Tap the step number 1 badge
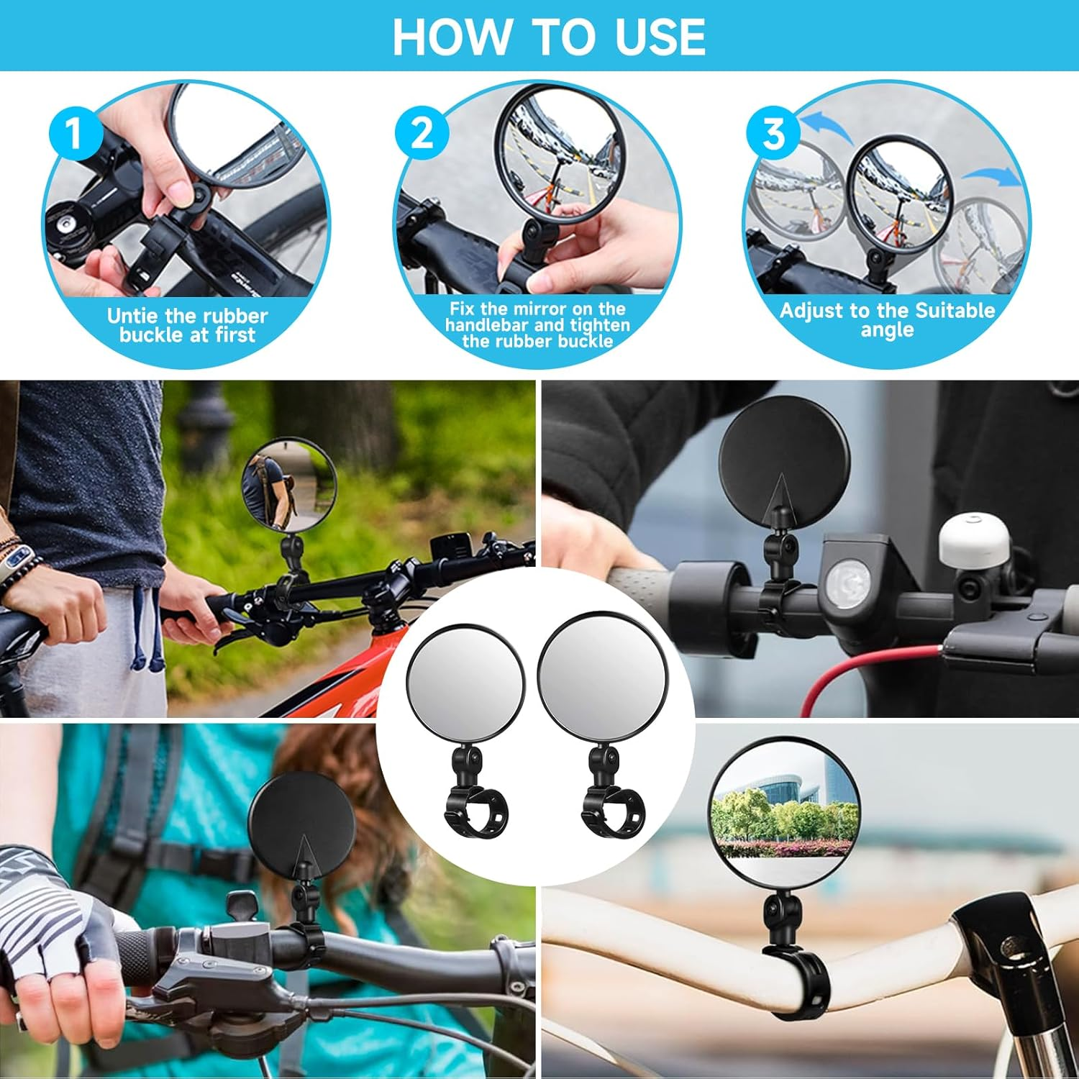point(75,134)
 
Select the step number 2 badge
point(422,134)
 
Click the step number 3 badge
point(773,134)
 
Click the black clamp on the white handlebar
point(795,982)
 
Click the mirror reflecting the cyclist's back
point(289,484)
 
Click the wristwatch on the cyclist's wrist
point(18,561)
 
